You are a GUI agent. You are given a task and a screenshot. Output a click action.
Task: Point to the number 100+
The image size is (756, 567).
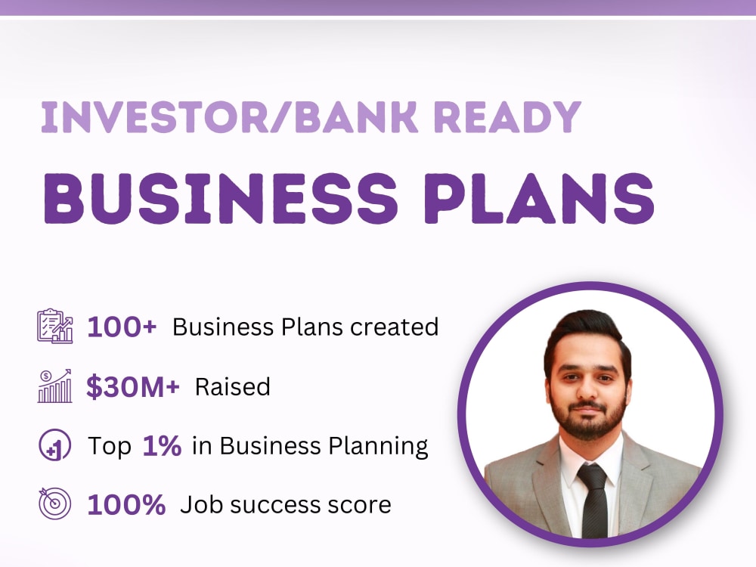coord(122,327)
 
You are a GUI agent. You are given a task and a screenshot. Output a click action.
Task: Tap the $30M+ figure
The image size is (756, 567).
coord(133,386)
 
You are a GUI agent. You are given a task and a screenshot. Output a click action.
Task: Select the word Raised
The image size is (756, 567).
coord(233,386)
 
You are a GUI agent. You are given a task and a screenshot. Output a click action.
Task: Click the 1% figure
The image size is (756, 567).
coord(162,446)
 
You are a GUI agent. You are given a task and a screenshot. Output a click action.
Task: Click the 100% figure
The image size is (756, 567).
coord(126,504)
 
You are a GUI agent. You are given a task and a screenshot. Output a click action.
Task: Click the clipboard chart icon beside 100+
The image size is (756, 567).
coord(55,326)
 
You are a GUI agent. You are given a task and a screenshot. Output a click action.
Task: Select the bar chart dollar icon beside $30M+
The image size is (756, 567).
coord(54,386)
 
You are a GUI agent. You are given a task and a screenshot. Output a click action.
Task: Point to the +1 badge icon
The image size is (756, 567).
coord(54,446)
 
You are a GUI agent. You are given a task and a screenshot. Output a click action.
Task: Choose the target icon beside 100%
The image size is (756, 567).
coord(54,503)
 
